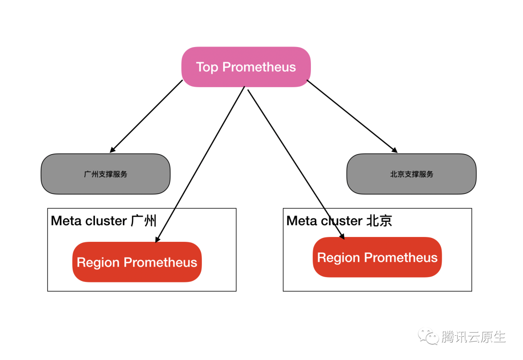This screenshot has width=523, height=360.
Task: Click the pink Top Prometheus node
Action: click(246, 67)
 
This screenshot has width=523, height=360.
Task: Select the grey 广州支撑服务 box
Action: click(106, 174)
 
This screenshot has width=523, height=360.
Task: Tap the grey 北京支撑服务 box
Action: click(411, 174)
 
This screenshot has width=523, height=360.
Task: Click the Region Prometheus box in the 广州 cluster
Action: click(137, 262)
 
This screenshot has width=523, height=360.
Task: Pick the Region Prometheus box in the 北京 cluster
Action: click(377, 257)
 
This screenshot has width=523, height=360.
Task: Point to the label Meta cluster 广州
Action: click(104, 221)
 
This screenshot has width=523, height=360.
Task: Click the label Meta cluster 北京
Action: click(339, 221)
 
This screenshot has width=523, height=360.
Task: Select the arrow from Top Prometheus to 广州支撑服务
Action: click(147, 116)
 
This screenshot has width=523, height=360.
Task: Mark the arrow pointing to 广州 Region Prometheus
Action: click(200, 165)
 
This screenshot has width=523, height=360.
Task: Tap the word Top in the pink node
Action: click(207, 67)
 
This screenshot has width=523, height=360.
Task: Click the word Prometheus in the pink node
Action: click(259, 67)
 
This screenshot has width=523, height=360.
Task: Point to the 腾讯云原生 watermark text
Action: click(474, 337)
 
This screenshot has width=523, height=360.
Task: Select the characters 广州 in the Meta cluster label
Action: click(144, 221)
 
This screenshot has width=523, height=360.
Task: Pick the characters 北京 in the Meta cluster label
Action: click(379, 221)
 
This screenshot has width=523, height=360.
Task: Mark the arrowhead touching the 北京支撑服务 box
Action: click(395, 150)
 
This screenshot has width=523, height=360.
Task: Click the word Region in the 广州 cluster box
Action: click(98, 262)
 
